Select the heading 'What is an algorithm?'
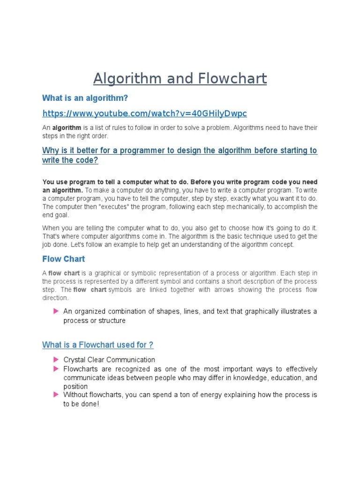pos(85,98)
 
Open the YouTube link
pos(144,113)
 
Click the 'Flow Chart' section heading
pos(64,259)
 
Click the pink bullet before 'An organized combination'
pos(56,311)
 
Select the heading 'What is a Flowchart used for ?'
pos(97,345)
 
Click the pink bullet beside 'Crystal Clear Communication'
pos(56,360)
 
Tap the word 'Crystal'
pos(75,360)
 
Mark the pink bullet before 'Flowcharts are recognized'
pos(56,369)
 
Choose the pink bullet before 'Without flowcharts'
pos(56,395)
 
